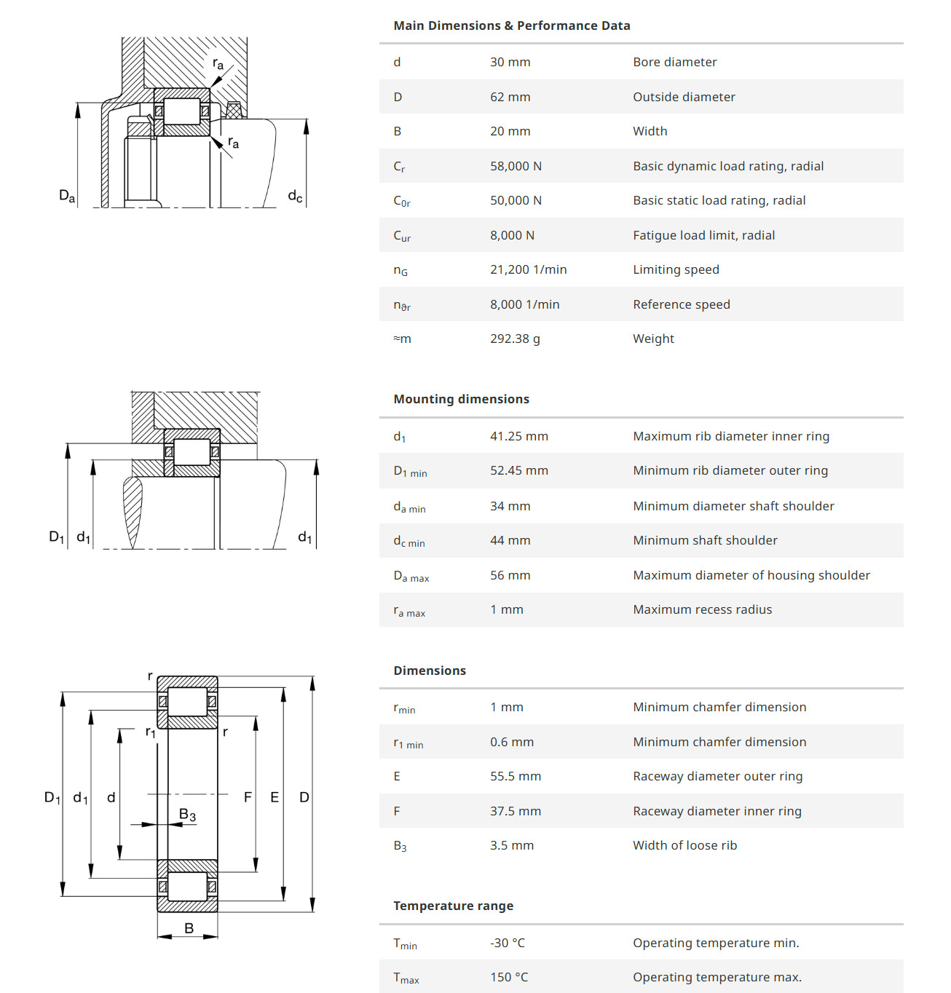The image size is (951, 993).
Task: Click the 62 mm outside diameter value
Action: click(510, 97)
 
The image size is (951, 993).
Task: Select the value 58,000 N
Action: click(516, 166)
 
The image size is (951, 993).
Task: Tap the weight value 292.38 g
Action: click(515, 339)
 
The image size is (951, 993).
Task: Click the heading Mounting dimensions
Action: click(461, 399)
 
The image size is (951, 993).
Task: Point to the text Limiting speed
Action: click(676, 269)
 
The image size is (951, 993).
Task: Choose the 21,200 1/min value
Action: click(528, 269)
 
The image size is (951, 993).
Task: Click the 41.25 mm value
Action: click(518, 436)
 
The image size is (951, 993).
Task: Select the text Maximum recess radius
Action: click(702, 609)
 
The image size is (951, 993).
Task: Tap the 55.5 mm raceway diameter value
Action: click(516, 776)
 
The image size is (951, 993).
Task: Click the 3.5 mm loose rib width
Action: click(512, 845)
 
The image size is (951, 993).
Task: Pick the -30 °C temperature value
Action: click(508, 943)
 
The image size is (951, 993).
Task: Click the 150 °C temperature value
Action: click(509, 977)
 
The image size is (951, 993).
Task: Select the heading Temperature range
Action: click(453, 906)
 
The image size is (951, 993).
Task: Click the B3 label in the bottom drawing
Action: click(187, 815)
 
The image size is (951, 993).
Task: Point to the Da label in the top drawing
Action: click(66, 195)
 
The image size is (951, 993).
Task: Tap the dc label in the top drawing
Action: click(295, 195)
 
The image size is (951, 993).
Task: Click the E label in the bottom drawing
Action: click(275, 797)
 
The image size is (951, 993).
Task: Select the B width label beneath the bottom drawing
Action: click(189, 928)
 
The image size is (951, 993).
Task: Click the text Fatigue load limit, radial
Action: click(703, 235)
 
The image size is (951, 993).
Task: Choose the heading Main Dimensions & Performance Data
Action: click(511, 25)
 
